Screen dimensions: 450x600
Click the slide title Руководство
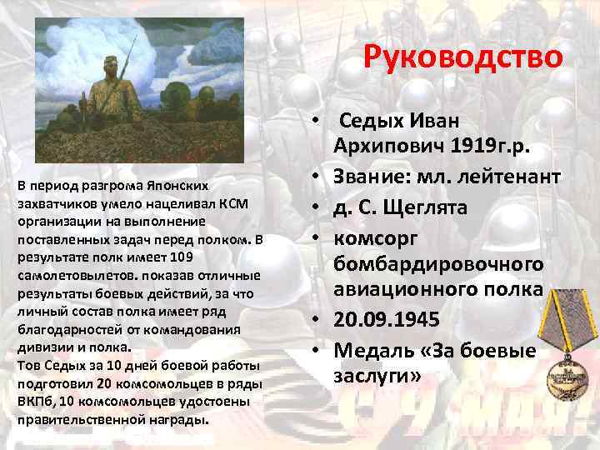(x=464, y=58)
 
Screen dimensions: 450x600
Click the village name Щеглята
(x=437, y=206)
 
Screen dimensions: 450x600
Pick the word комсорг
(x=376, y=236)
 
